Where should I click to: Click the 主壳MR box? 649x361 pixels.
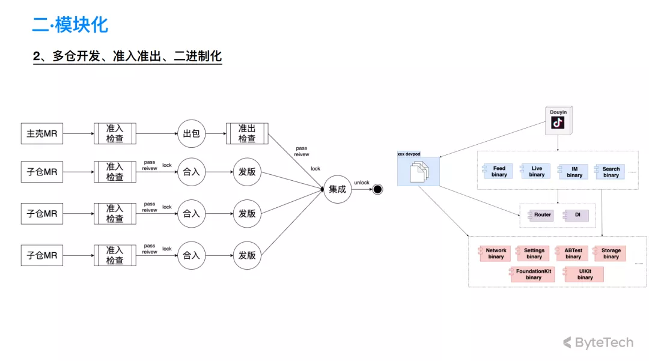[x=42, y=133]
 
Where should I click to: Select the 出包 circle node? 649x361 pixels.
[x=191, y=133]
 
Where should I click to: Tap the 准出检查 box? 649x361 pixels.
[x=247, y=133]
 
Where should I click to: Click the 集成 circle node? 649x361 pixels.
[x=337, y=189]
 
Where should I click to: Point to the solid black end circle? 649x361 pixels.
[x=377, y=189]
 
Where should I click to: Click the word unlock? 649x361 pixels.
[x=361, y=183]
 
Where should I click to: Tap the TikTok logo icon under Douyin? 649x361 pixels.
[x=558, y=123]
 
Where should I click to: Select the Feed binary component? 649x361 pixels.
[x=498, y=172]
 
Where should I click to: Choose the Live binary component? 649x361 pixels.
[x=535, y=172]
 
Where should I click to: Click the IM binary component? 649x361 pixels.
[x=573, y=172]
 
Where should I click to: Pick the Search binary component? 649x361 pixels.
[x=610, y=172]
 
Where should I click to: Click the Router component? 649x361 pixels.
[x=541, y=215]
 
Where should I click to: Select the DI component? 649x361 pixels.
[x=576, y=215]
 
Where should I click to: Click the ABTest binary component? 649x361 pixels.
[x=571, y=253]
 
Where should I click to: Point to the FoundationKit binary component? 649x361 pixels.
[x=532, y=275]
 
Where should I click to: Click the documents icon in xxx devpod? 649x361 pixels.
[x=419, y=172]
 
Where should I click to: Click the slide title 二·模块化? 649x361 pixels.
[x=70, y=25]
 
